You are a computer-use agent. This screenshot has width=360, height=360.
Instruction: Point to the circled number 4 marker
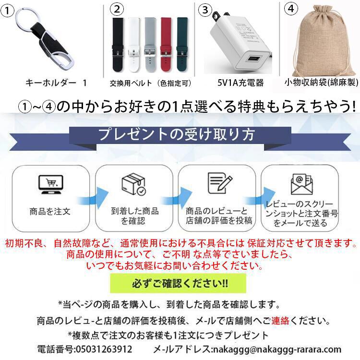pyautogui.click(x=291, y=9)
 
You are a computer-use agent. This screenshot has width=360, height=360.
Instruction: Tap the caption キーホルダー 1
pyautogui.click(x=56, y=83)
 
